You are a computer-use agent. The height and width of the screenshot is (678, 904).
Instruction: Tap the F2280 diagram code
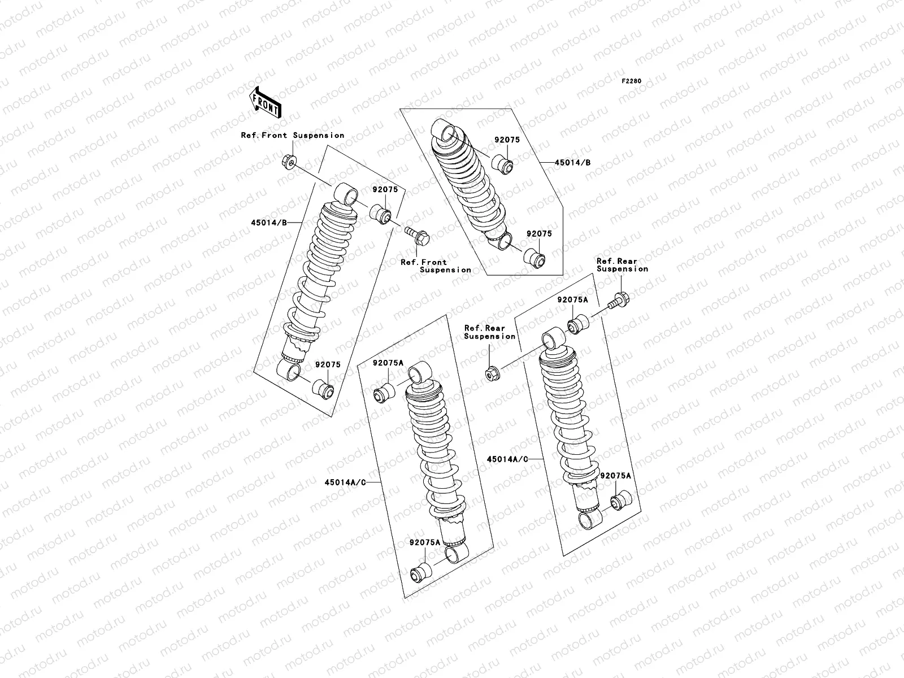pos(632,81)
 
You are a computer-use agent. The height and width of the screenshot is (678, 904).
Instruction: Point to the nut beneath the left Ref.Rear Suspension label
pos(491,373)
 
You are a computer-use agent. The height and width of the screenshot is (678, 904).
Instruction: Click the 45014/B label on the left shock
pos(269,223)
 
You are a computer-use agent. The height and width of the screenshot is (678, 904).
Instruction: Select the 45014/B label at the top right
pos(572,163)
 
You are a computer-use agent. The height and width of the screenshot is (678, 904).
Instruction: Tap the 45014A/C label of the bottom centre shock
pos(344,482)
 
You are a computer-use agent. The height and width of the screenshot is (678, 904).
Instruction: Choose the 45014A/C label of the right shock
pos(507,459)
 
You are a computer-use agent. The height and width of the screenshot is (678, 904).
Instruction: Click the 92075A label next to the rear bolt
pos(572,301)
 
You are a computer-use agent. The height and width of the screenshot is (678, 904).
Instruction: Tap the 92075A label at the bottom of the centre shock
pos(425,542)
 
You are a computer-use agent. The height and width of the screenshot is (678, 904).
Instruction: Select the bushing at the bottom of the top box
pos(534,259)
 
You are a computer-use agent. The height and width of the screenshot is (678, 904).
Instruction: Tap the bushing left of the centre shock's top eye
pos(385,392)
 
